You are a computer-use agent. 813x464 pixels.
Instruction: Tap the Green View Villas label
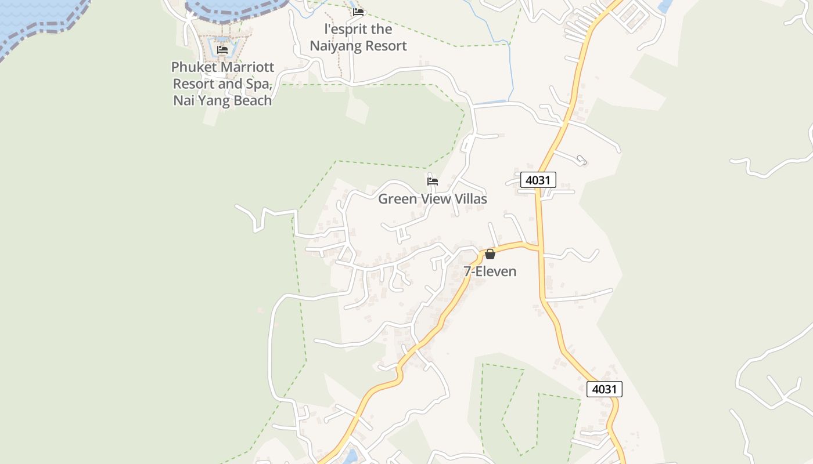coord(432,199)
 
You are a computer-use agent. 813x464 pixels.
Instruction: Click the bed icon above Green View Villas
coord(432,182)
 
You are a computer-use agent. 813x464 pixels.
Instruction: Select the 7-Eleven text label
coord(490,271)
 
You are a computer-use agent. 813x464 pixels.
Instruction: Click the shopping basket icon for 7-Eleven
coord(490,254)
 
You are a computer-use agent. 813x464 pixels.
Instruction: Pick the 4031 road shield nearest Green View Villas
coord(538,180)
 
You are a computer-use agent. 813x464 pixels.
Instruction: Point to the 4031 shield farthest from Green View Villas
coord(604,389)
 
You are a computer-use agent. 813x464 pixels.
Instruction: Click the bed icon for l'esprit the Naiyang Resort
coord(358,12)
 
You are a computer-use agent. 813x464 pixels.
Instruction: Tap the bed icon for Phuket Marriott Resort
coord(222,50)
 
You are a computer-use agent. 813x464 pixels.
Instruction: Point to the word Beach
coord(253,100)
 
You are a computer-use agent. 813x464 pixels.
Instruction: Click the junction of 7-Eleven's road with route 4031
coord(540,249)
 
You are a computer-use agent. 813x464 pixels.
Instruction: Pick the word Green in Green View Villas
coord(398,199)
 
